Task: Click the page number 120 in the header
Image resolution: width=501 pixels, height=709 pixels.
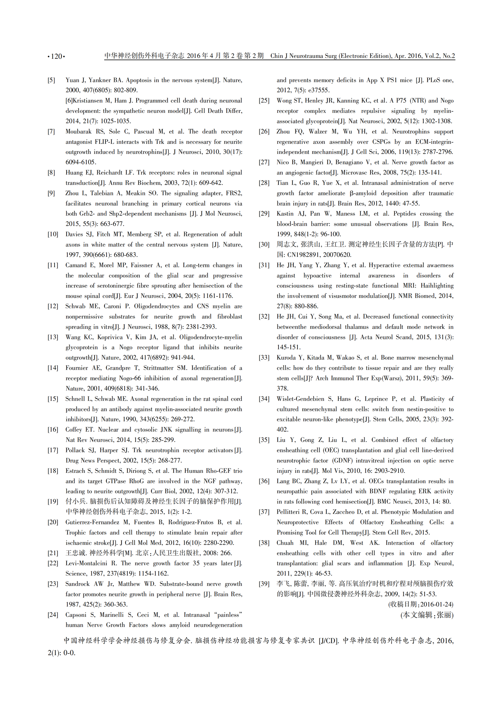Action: [x=56, y=57]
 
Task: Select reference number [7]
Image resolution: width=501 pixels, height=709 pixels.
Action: [x=51, y=132]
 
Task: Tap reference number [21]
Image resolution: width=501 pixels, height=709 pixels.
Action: [x=52, y=553]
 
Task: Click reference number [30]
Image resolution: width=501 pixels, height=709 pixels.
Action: [x=264, y=245]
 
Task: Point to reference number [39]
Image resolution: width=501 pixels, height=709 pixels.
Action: [x=264, y=584]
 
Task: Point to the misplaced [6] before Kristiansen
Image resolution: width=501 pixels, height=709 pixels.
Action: [x=69, y=101]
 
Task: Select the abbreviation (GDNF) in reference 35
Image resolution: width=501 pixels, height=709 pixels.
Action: [x=343, y=460]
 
